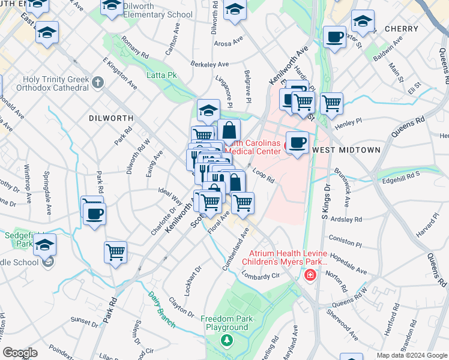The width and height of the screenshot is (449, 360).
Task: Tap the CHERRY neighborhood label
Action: point(401,29)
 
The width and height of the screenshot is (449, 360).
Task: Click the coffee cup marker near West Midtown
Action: point(297,142)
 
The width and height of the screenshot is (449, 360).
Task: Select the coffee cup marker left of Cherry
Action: point(334,37)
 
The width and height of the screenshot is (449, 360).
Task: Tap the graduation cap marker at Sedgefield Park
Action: point(45,245)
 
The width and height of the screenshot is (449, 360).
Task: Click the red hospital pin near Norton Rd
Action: point(310,275)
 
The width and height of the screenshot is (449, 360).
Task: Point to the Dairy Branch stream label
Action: point(162,308)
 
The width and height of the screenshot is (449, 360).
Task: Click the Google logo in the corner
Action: point(21,352)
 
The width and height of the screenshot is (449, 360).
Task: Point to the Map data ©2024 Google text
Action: point(411,355)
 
